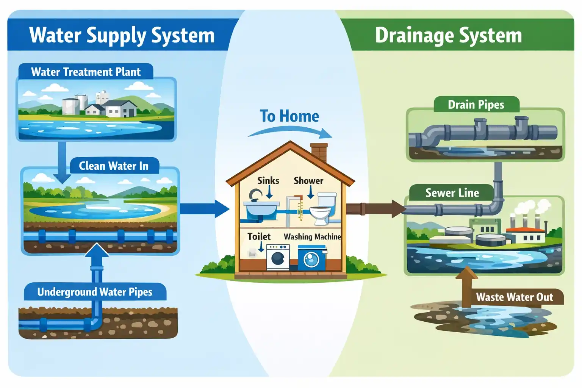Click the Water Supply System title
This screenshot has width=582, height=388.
(x=122, y=35)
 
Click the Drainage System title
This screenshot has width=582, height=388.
(x=448, y=35)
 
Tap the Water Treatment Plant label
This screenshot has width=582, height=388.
(x=86, y=72)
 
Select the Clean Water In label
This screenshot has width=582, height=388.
(x=114, y=166)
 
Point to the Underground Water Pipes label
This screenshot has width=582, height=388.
(x=95, y=292)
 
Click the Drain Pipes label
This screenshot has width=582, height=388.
(x=476, y=105)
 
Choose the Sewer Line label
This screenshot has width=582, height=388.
(x=452, y=193)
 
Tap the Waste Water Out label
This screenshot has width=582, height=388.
(x=514, y=297)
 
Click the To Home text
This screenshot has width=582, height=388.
(x=289, y=116)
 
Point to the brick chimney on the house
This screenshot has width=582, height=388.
(x=319, y=152)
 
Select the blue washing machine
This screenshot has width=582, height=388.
(x=311, y=258)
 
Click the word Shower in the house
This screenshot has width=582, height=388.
(x=308, y=181)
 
